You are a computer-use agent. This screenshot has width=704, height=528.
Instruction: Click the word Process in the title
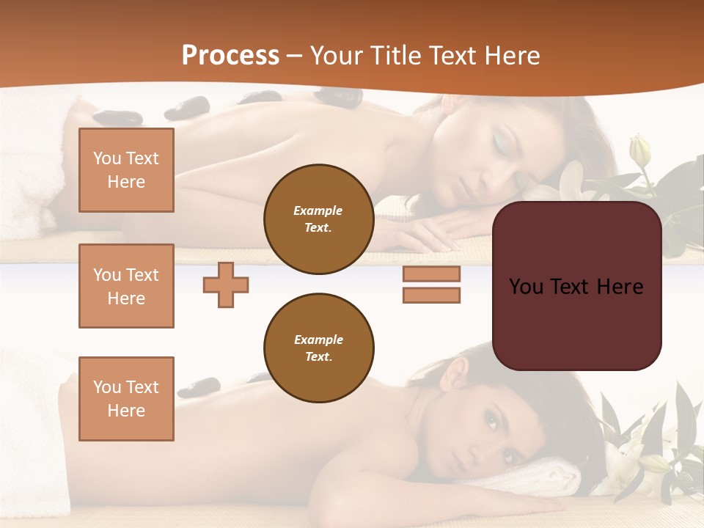point(230,56)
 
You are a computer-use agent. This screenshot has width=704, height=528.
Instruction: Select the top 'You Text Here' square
point(126,170)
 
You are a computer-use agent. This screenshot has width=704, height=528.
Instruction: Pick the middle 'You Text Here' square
point(126,286)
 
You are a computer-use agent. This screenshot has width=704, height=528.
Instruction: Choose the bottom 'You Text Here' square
point(126,398)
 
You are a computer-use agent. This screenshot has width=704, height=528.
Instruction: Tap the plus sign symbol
point(226,285)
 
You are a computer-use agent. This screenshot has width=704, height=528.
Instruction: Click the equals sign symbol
point(431,285)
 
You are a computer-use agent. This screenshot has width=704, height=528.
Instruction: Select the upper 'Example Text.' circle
point(318,219)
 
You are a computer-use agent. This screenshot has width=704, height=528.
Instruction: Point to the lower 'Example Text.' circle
point(318,348)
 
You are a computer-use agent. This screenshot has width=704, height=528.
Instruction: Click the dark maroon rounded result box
point(577,286)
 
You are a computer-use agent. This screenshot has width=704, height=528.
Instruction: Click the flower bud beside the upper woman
point(640,150)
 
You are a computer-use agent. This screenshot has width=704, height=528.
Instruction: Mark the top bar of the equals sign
point(431,274)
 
